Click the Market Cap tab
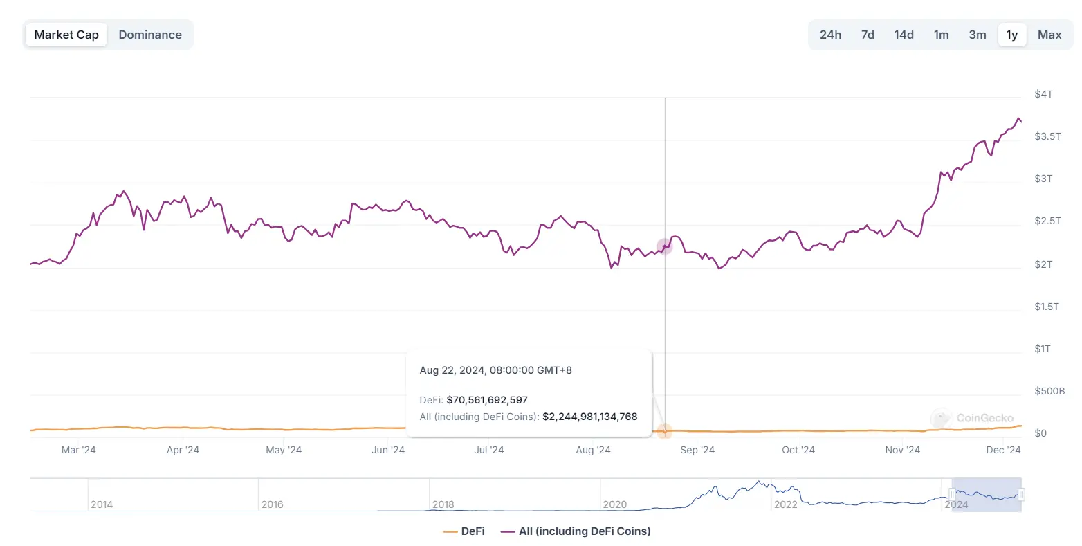tap(66, 35)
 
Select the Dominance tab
tap(150, 35)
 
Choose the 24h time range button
tap(830, 35)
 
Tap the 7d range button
tap(868, 35)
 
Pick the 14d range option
tap(904, 35)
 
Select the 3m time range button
tap(978, 35)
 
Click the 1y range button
tap(1012, 35)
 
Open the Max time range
tap(1049, 35)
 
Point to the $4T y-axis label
tap(1043, 94)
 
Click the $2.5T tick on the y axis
tap(1047, 221)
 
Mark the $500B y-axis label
tap(1049, 391)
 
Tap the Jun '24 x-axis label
tap(388, 450)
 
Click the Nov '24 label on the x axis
tap(903, 450)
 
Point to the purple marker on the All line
tap(664, 246)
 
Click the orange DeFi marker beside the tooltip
tap(664, 431)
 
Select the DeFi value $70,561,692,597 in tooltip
tap(487, 400)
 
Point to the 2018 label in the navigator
tap(443, 504)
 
